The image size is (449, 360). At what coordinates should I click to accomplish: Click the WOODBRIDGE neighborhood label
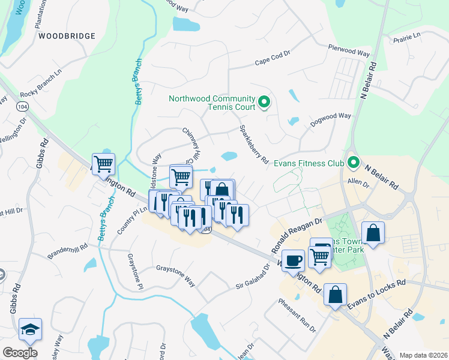pyautogui.click(x=67, y=36)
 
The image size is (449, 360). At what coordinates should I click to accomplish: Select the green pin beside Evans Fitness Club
pyautogui.click(x=354, y=163)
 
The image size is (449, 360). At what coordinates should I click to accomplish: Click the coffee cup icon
pyautogui.click(x=293, y=260)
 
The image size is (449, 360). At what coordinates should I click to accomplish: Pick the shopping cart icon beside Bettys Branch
pyautogui.click(x=103, y=163)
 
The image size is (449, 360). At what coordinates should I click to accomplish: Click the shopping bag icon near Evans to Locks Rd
pyautogui.click(x=335, y=295)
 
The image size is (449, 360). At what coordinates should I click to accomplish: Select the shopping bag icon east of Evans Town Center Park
pyautogui.click(x=373, y=233)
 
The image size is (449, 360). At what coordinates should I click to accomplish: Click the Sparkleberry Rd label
pyautogui.click(x=254, y=145)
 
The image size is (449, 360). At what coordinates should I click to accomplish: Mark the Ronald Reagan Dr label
pyautogui.click(x=297, y=235)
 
